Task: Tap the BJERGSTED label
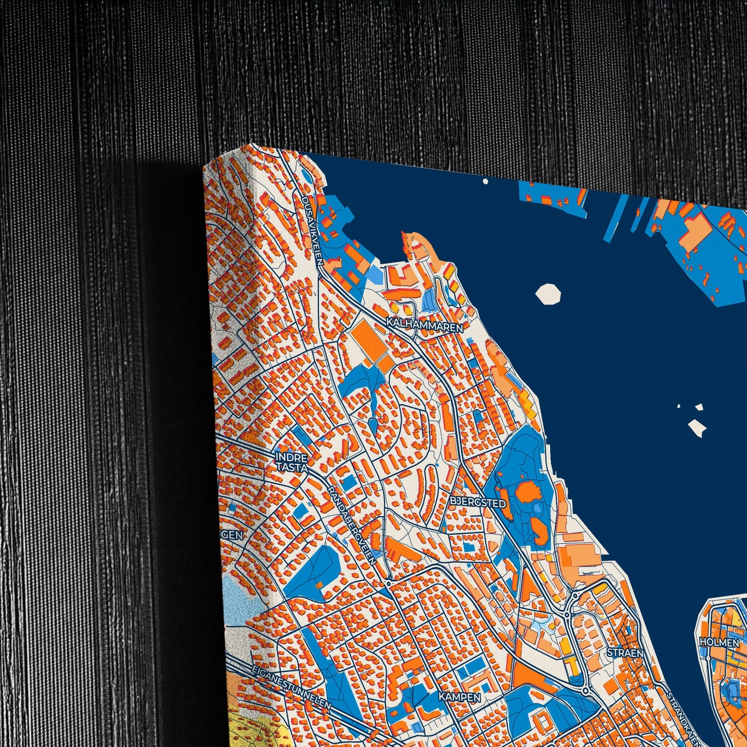[478, 501]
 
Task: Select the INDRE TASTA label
[292, 462]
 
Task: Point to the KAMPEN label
[460, 697]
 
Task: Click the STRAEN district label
[626, 653]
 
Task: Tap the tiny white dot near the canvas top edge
[485, 181]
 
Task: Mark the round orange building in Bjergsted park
[527, 492]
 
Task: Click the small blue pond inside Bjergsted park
[538, 509]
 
